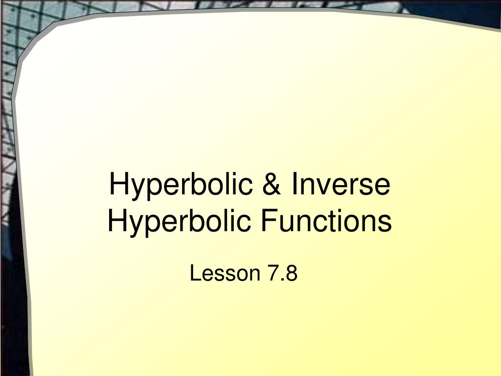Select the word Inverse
tap(341, 185)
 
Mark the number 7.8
tap(282, 273)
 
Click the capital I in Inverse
tap(295, 185)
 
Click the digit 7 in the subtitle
tap(272, 273)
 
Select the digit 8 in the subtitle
tap(292, 273)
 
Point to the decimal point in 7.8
tap(282, 280)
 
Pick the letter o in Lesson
tap(238, 275)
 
